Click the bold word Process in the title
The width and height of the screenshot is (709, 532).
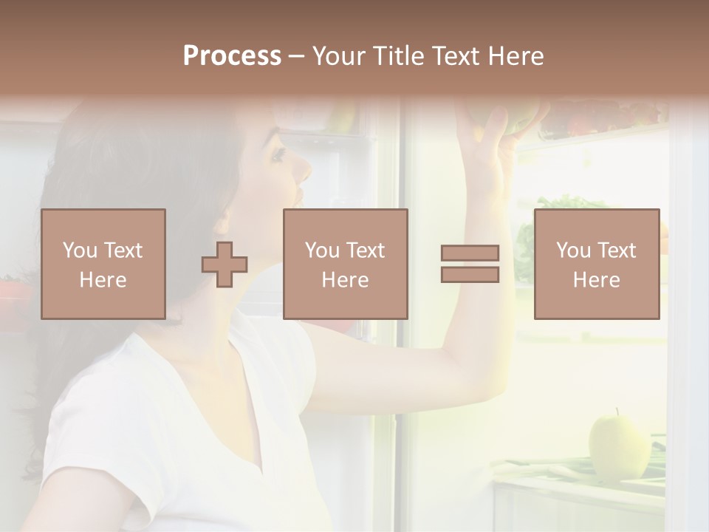pos(232,56)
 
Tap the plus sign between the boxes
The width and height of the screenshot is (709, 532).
pos(225,265)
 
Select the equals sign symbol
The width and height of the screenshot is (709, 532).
pos(470,264)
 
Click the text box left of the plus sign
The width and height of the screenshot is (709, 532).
pos(103,264)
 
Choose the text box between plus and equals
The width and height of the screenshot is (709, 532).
pos(345,264)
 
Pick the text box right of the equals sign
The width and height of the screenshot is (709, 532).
pos(596,264)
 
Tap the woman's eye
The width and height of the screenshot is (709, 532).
pos(278,155)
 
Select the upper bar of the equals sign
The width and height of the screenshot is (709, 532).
pos(470,253)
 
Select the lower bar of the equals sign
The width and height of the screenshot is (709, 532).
pos(470,274)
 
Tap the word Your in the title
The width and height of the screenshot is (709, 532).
pos(335,56)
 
